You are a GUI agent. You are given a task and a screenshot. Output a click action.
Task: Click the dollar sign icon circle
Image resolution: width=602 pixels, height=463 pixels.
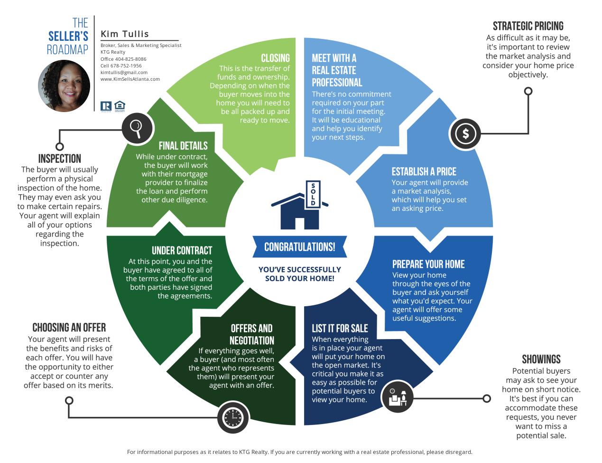[465, 133]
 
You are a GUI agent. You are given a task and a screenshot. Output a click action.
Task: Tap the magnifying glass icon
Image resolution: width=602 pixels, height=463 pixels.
[137, 128]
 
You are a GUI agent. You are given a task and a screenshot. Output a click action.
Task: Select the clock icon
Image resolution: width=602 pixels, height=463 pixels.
[233, 417]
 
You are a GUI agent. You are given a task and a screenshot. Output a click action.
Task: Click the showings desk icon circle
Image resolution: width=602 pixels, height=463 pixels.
[398, 397]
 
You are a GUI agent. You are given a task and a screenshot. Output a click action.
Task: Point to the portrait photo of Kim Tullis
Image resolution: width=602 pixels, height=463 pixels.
[64, 86]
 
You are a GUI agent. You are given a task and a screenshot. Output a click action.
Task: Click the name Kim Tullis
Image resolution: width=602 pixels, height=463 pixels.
[125, 34]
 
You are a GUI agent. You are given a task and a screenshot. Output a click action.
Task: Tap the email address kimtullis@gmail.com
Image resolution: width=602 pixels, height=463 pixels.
[124, 73]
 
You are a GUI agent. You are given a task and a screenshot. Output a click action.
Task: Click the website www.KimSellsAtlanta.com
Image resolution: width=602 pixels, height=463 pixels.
[130, 79]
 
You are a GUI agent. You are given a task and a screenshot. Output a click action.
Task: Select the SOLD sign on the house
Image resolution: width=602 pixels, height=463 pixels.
[313, 194]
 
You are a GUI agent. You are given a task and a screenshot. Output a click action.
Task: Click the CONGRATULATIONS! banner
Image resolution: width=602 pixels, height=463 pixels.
[299, 247]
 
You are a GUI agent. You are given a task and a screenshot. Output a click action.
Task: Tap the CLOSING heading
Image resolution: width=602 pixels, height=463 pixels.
[275, 58]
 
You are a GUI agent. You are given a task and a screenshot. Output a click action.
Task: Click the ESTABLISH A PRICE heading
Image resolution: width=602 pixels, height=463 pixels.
[424, 171]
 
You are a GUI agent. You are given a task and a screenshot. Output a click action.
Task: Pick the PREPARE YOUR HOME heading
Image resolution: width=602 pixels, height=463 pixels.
[428, 264]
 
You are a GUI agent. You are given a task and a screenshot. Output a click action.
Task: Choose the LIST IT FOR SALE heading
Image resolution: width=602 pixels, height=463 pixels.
[340, 328]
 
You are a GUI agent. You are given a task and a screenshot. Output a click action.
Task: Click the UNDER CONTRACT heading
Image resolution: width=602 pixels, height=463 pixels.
[182, 250]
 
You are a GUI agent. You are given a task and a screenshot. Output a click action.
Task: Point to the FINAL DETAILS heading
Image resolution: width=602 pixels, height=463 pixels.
[183, 146]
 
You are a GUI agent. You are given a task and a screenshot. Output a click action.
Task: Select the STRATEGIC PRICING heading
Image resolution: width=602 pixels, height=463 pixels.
[528, 26]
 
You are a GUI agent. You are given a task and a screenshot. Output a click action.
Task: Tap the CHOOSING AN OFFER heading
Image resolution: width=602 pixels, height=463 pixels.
[69, 327]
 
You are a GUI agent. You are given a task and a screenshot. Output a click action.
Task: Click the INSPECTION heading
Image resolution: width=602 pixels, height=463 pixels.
[60, 159]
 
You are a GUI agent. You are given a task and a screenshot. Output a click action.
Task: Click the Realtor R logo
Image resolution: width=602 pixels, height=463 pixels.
[106, 106]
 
